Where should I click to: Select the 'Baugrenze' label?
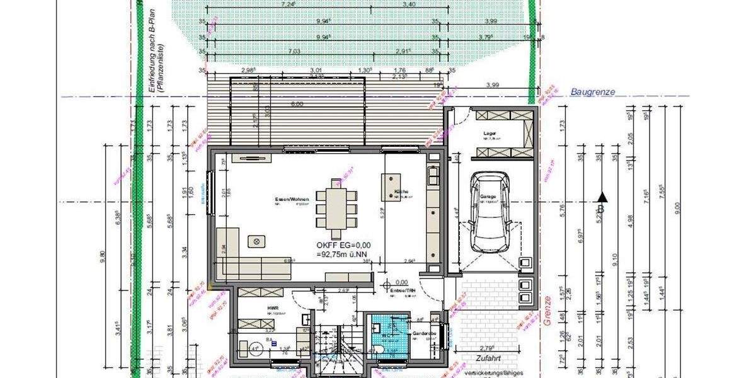pos(592,92)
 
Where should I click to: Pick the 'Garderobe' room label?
pos(422,333)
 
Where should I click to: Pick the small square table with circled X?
pos(256,240)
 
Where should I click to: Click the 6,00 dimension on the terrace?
pos(297,104)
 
